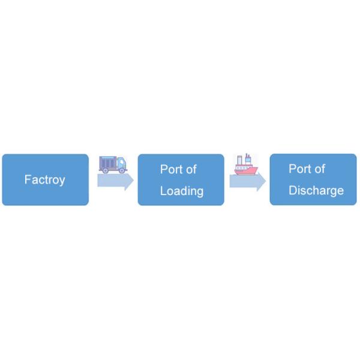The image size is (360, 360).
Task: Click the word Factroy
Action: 44,179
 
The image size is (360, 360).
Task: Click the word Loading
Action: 181,191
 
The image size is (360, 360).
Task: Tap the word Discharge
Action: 316,190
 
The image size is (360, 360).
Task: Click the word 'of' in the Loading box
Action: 190,169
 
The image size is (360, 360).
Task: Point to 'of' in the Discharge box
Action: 319,169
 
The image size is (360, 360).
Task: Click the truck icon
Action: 113,163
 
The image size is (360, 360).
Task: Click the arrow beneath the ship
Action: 247,182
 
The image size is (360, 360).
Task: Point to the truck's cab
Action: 122,163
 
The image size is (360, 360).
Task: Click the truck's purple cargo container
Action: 108,162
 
